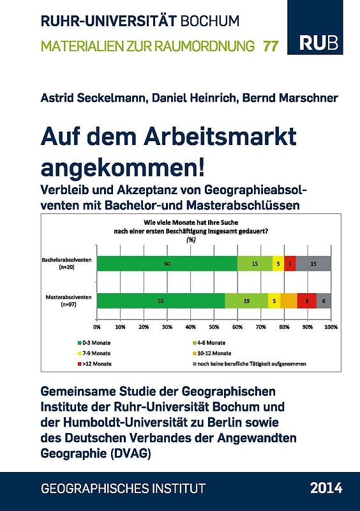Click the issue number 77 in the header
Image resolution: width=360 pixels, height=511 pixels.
pyautogui.click(x=271, y=46)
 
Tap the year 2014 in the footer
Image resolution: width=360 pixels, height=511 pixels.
pyautogui.click(x=326, y=488)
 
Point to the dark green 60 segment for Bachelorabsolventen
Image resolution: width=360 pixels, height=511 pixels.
pyautogui.click(x=167, y=263)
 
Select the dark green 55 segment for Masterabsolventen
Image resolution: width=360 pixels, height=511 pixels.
pyautogui.click(x=161, y=301)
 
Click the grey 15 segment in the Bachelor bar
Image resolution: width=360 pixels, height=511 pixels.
pyautogui.click(x=313, y=263)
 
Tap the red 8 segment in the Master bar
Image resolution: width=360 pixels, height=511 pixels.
pyautogui.click(x=307, y=301)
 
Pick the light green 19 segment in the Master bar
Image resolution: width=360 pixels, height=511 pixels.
pyautogui.click(x=247, y=301)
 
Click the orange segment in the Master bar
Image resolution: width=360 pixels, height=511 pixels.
pyautogui.click(x=289, y=301)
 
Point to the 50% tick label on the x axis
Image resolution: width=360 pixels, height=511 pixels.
pyautogui.click(x=214, y=326)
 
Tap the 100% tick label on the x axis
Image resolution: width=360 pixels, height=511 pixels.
pyautogui.click(x=331, y=326)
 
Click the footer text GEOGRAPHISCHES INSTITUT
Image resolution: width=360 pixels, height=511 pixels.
pyautogui.click(x=123, y=489)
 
